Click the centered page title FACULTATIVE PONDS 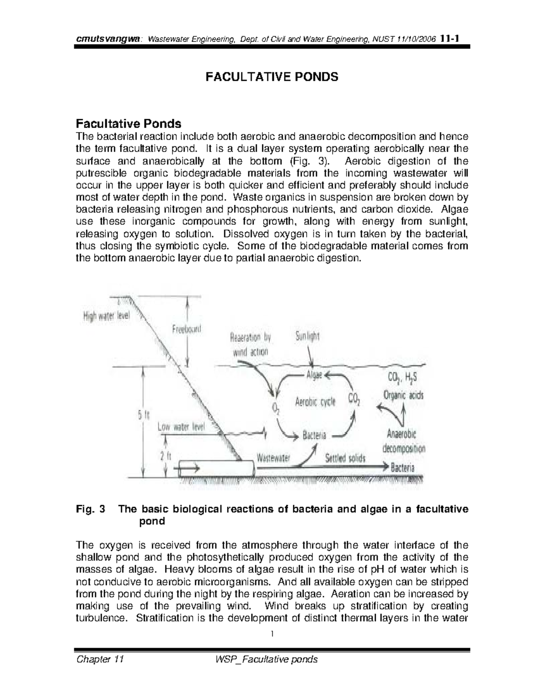tap(272, 77)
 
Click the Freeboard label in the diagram tap(187, 329)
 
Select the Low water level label tap(181, 427)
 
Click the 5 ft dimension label tap(143, 416)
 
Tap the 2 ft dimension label tap(166, 456)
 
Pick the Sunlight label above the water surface tap(308, 337)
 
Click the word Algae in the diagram tap(314, 376)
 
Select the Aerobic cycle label tap(315, 402)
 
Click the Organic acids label tap(403, 395)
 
